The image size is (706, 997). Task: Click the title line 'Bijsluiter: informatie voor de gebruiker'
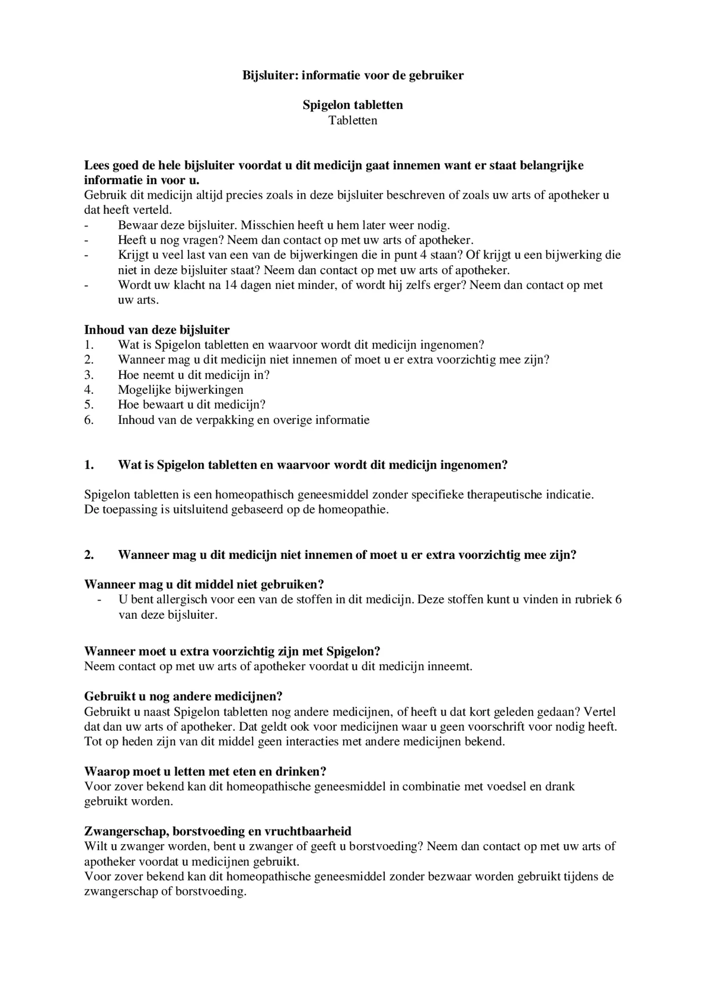tap(353, 75)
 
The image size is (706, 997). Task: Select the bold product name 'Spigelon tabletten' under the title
tap(353, 105)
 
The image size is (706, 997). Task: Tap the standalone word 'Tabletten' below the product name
tap(353, 120)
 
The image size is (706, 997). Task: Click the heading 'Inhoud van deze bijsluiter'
tap(157, 330)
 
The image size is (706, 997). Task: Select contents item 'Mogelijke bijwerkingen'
tap(181, 390)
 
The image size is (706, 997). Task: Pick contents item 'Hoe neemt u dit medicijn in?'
tap(194, 375)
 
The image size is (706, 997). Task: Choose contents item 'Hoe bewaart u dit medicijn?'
tap(191, 405)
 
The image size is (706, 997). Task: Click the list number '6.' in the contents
tap(89, 420)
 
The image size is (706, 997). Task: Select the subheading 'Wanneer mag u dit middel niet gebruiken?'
tap(204, 584)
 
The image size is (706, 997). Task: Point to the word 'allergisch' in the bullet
tap(167, 600)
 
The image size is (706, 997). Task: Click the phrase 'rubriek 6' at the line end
tap(597, 600)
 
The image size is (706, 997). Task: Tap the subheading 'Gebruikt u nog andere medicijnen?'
tap(183, 696)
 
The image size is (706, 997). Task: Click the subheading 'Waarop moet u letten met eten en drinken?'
tap(205, 771)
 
